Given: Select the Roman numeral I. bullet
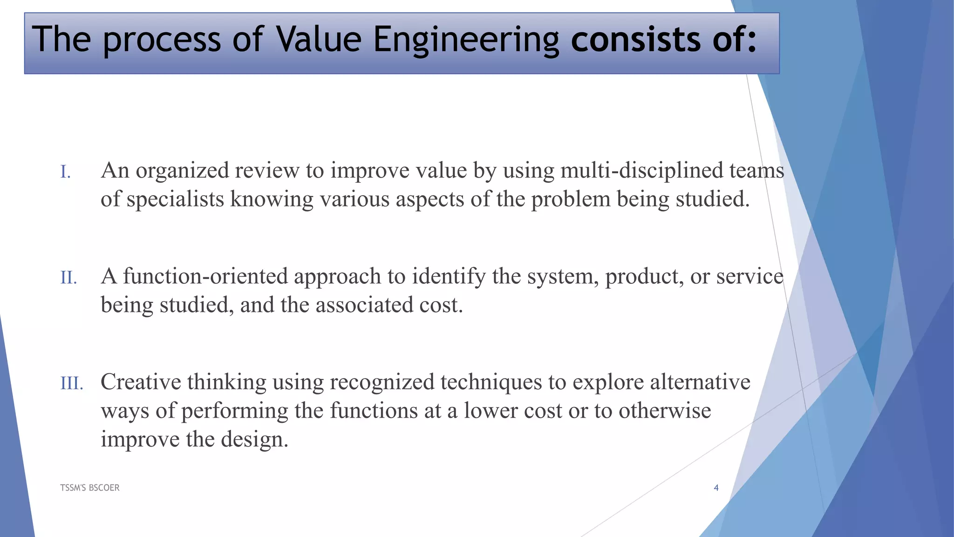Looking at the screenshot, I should pyautogui.click(x=66, y=172).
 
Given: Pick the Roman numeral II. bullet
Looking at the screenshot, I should pyautogui.click(x=68, y=278).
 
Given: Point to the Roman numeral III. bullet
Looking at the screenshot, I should pyautogui.click(x=72, y=384).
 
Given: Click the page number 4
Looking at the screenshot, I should pyautogui.click(x=716, y=488).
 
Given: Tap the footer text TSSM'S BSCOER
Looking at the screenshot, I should pyautogui.click(x=90, y=488).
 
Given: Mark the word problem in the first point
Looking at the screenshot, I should pyautogui.click(x=571, y=200).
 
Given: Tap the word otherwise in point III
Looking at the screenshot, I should pyautogui.click(x=665, y=411).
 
